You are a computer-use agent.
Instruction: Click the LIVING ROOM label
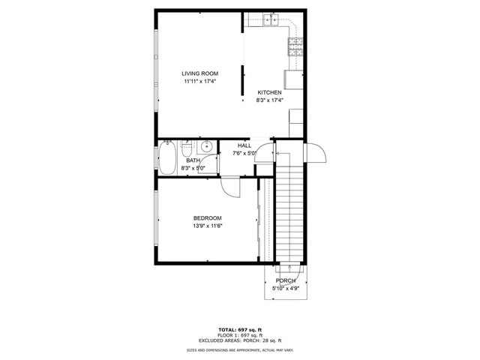pos(200,73)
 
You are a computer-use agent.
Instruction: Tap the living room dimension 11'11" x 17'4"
pos(200,82)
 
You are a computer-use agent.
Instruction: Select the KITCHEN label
pos(269,92)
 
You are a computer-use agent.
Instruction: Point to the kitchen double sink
pos(271,19)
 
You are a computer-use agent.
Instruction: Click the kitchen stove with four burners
pos(295,46)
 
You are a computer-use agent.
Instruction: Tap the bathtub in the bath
pos(167,158)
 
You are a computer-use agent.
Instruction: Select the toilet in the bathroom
pos(186,148)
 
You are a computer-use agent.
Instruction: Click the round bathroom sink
pos(206,147)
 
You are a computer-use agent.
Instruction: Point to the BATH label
pos(193,160)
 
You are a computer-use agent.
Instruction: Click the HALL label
pos(244,145)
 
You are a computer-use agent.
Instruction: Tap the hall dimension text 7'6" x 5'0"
pos(244,153)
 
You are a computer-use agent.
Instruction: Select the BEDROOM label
pos(208,218)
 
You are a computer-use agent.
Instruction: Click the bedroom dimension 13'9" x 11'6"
pos(208,226)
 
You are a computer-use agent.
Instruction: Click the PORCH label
pos(286,280)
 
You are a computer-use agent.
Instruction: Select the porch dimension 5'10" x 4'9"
pos(286,288)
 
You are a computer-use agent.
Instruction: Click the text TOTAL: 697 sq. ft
pos(240,330)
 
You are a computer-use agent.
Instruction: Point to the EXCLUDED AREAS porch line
pos(240,340)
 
